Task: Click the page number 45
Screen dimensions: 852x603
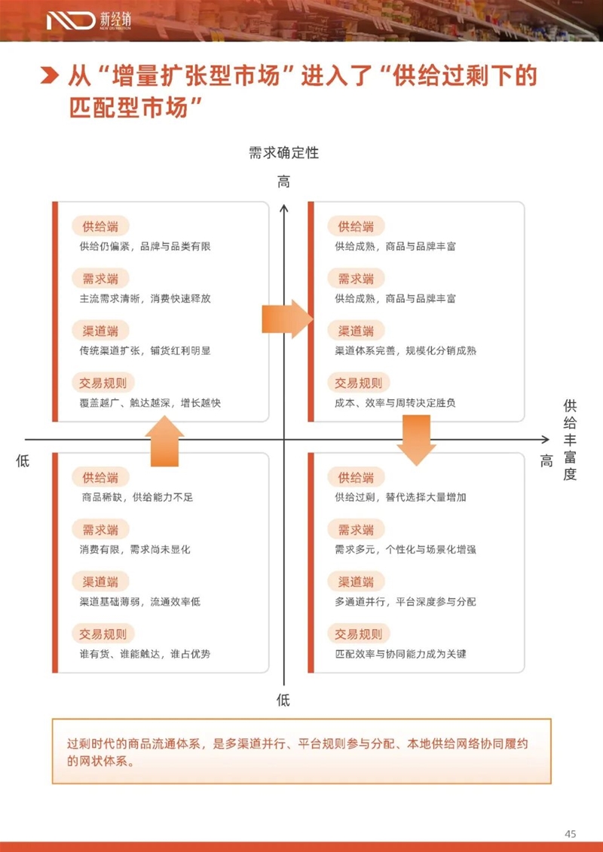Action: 570,833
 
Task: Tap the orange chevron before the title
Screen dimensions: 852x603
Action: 50,78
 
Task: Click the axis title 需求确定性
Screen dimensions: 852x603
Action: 283,153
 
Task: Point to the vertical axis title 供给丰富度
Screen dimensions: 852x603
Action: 570,441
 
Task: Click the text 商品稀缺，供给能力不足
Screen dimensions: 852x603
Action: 137,497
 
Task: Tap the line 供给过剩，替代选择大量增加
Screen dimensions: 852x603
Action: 400,497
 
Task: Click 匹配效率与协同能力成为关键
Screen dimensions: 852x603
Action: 400,654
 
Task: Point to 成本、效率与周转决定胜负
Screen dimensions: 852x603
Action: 395,403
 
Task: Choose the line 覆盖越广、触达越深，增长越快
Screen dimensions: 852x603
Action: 150,403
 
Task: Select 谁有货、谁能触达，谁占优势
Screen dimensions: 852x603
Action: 145,654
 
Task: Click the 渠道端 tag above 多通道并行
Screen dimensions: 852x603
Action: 356,582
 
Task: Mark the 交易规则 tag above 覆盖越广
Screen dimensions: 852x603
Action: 103,383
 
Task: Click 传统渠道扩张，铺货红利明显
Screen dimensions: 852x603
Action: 145,350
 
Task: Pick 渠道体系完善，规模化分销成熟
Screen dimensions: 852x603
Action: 406,350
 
